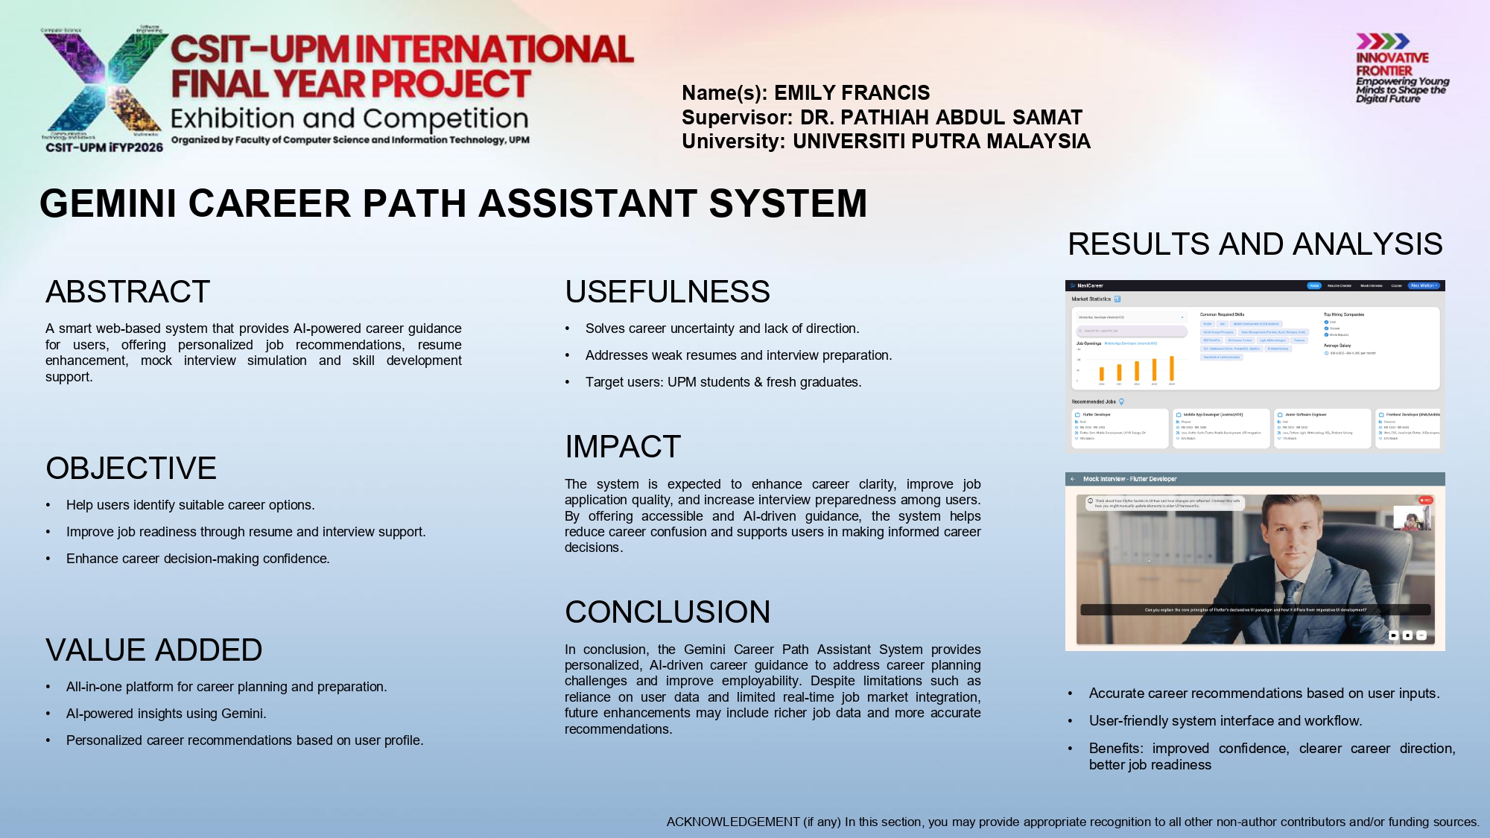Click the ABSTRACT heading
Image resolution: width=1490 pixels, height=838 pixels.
pyautogui.click(x=127, y=292)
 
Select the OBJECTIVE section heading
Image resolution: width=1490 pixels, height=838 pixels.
pyautogui.click(x=131, y=469)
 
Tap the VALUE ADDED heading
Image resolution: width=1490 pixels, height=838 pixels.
pyautogui.click(x=153, y=650)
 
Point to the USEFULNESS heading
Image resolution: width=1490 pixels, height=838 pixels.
pyautogui.click(x=667, y=292)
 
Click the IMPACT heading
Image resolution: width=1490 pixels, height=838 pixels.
pyautogui.click(x=623, y=447)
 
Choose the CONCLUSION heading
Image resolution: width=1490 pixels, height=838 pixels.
pyautogui.click(x=667, y=612)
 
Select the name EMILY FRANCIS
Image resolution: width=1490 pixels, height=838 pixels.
pyautogui.click(x=852, y=93)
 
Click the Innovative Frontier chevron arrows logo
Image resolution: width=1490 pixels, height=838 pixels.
pyautogui.click(x=1382, y=41)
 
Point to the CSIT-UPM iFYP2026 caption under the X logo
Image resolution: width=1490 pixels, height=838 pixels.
pyautogui.click(x=104, y=147)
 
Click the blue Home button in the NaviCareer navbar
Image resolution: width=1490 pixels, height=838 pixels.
pyautogui.click(x=1313, y=285)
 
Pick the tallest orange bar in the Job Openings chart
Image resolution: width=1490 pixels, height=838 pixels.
pyautogui.click(x=1172, y=369)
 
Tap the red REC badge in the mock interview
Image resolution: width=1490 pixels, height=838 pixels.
pyautogui.click(x=1425, y=501)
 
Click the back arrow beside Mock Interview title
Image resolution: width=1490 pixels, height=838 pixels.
pyautogui.click(x=1073, y=479)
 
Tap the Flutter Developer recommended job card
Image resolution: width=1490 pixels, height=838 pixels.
pyautogui.click(x=1120, y=428)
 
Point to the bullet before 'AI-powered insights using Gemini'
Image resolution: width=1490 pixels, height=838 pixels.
pyautogui.click(x=48, y=714)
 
